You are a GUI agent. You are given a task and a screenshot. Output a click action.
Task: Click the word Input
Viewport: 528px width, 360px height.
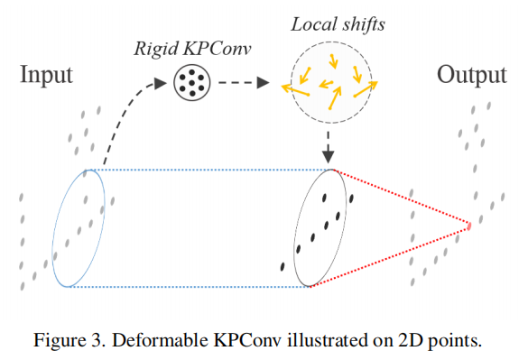click(46, 74)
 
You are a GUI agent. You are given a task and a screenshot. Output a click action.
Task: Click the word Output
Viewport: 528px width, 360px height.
click(471, 74)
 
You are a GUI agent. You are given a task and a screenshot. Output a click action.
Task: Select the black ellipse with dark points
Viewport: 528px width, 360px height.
click(320, 227)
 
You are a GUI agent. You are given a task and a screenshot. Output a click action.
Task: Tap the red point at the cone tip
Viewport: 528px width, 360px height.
click(469, 225)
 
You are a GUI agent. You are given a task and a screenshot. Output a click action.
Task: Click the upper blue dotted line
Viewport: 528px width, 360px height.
click(212, 169)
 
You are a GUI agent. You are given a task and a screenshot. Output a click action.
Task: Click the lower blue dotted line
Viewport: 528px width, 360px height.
click(190, 286)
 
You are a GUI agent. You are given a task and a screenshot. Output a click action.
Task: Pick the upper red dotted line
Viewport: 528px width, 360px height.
click(402, 197)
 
